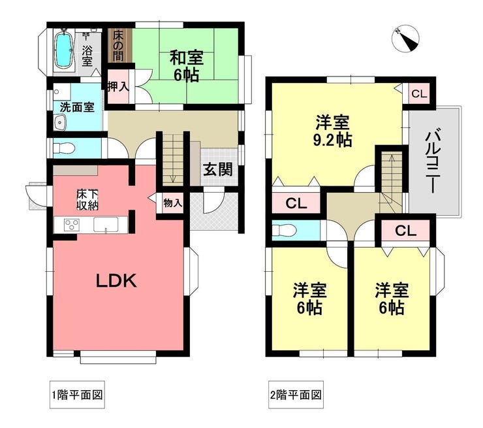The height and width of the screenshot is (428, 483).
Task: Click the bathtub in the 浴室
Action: pyautogui.click(x=64, y=50)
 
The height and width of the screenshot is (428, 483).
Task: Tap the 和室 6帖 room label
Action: pyautogui.click(x=186, y=66)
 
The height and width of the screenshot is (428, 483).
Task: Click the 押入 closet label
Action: pyautogui.click(x=118, y=86)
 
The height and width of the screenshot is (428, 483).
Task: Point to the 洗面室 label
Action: pyautogui.click(x=77, y=107)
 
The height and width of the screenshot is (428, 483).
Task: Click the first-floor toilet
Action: pyautogui.click(x=64, y=149)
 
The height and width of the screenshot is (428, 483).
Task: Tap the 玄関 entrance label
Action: pyautogui.click(x=217, y=170)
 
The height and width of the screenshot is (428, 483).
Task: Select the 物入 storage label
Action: pyautogui.click(x=172, y=203)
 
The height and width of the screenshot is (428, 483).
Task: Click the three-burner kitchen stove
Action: pyautogui.click(x=72, y=224)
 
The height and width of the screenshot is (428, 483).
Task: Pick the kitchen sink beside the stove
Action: pyautogui.click(x=106, y=224)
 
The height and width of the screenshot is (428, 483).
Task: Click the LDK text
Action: pyautogui.click(x=116, y=281)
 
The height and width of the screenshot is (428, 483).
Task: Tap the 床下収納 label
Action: pyautogui.click(x=87, y=200)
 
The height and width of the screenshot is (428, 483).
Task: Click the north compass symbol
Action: pyautogui.click(x=405, y=39)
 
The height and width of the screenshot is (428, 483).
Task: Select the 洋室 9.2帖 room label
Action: pyautogui.click(x=333, y=131)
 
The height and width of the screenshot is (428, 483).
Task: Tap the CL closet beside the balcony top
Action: pyautogui.click(x=419, y=93)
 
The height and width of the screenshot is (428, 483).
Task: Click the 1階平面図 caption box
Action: pyautogui.click(x=77, y=395)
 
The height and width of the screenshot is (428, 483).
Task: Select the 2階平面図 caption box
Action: pyautogui.click(x=296, y=395)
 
